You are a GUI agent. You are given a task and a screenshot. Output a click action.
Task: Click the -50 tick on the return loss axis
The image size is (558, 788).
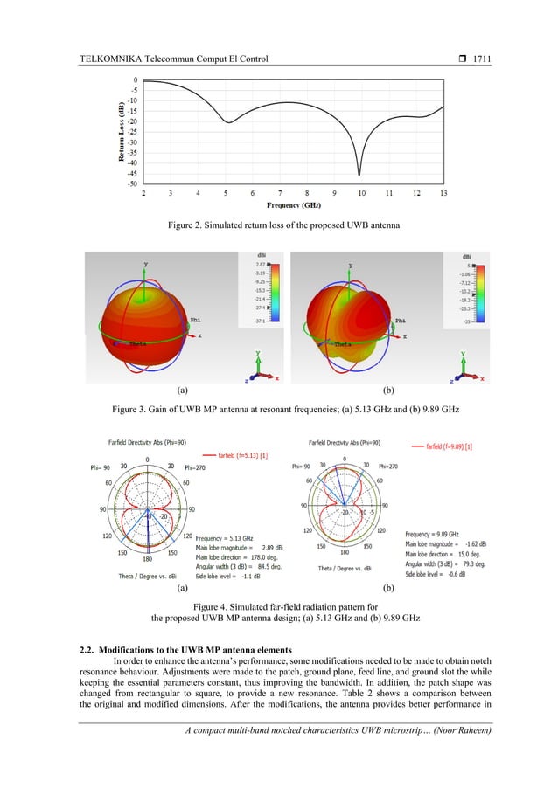pos(131,183)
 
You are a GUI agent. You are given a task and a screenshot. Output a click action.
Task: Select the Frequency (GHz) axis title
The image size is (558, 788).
pos(293,205)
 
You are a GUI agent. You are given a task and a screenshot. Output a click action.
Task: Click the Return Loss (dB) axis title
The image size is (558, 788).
pos(108,131)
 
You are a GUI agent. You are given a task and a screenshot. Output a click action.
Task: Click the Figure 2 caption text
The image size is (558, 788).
pos(278,227)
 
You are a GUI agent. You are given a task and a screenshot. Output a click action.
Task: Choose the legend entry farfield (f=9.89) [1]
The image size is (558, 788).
pos(450,446)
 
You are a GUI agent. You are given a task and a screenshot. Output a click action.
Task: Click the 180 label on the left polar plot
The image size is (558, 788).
pos(148,558)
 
